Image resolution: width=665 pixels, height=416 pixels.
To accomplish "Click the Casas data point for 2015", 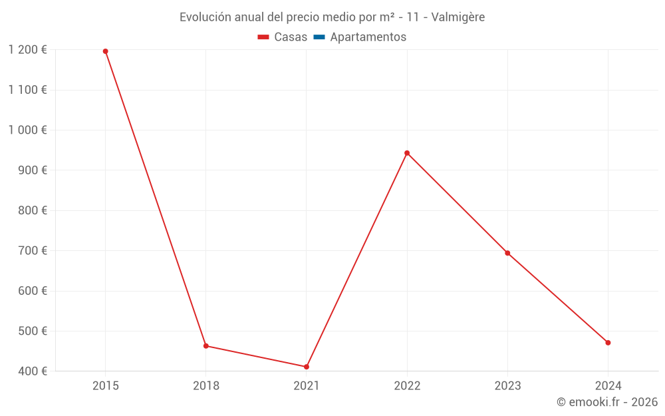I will click(106, 51).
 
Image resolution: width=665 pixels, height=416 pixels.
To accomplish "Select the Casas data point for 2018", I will click(206, 346).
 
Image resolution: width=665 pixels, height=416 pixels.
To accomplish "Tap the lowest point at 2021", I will click(307, 367).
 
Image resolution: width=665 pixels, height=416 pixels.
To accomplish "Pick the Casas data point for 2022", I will click(407, 153).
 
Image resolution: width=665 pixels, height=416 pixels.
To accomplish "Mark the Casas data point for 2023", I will click(507, 253).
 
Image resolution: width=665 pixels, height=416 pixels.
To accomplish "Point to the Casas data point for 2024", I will click(608, 343).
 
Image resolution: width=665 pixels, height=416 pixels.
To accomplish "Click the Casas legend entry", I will click(283, 37).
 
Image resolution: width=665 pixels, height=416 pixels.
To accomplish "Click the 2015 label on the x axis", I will click(106, 385).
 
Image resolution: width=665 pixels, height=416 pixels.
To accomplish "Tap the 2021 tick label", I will click(307, 385).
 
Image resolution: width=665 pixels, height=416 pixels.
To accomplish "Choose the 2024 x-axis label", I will click(608, 385).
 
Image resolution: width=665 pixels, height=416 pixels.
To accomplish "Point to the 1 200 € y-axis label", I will click(28, 50).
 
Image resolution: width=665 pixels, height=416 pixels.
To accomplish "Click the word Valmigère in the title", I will click(458, 17).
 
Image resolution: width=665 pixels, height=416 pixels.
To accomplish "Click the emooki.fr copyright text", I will click(607, 402).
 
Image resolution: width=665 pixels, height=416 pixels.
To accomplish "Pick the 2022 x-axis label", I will click(407, 385).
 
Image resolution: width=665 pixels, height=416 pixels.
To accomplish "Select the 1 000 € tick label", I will click(28, 130).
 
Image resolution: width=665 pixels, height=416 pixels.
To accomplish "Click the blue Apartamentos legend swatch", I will click(319, 37).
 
